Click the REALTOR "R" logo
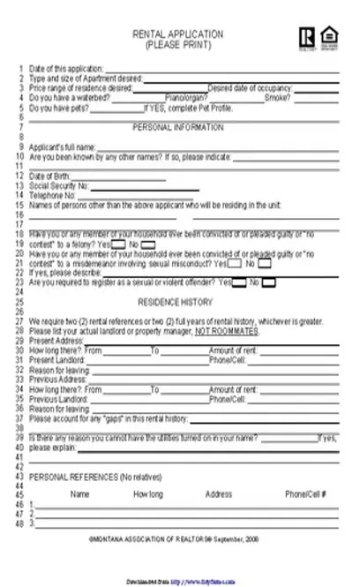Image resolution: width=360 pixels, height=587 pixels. pos(305,36)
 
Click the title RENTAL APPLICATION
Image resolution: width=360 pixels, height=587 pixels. pos(176,33)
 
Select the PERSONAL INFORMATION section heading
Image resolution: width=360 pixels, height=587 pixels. pos(178,127)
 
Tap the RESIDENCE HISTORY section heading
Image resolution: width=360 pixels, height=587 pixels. pos(178,302)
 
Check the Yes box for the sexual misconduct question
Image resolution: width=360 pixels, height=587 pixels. pos(235,263)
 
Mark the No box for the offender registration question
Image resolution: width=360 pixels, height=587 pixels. pos(268,282)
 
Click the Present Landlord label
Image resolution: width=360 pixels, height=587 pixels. pos(56,360)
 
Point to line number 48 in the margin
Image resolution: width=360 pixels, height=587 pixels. pos(19,523)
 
